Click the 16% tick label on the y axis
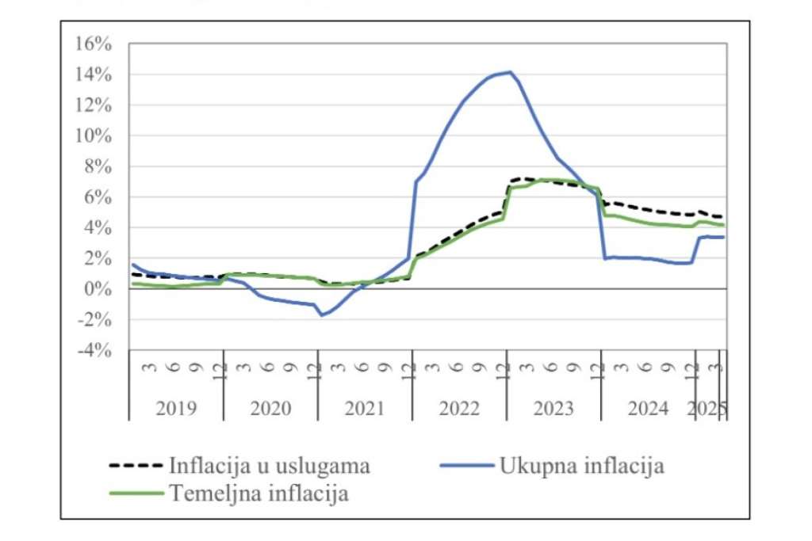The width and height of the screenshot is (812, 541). [93, 44]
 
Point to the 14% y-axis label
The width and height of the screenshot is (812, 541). [93, 74]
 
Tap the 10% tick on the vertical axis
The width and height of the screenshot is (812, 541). [93, 136]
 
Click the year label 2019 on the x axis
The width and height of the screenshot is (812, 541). [176, 409]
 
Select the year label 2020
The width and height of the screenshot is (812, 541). [270, 409]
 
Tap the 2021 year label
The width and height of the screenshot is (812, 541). [365, 409]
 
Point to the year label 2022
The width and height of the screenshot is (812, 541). [459, 409]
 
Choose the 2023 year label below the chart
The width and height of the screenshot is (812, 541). [553, 409]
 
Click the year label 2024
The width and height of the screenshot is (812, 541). [648, 409]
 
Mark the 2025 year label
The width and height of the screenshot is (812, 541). [707, 409]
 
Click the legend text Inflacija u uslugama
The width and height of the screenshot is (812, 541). [270, 466]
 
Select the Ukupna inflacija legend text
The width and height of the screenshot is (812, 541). [581, 466]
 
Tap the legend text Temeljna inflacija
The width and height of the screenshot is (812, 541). [259, 493]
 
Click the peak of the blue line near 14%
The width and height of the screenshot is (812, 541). [511, 72]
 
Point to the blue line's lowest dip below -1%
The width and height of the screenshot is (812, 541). [322, 315]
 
